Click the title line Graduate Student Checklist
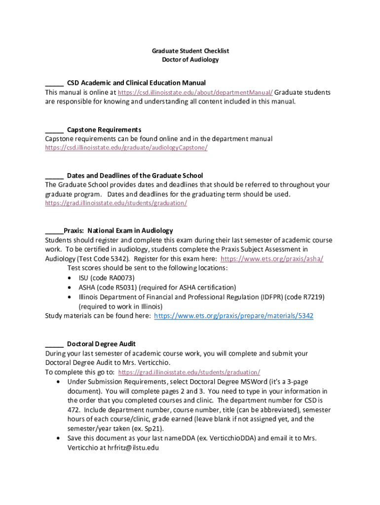tap(190, 51)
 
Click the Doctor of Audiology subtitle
tap(190, 60)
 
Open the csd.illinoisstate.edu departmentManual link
tap(195, 92)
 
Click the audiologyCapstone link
tap(126, 147)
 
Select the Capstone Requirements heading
tap(104, 130)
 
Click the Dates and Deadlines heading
tap(135, 176)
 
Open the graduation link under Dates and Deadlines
tap(116, 203)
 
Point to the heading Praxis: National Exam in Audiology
tap(118, 230)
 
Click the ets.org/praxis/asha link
tap(272, 258)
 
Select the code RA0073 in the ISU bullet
tap(122, 278)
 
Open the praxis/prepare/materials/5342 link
tap(234, 316)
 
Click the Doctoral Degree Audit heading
tap(101, 344)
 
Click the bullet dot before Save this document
tap(59, 438)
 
